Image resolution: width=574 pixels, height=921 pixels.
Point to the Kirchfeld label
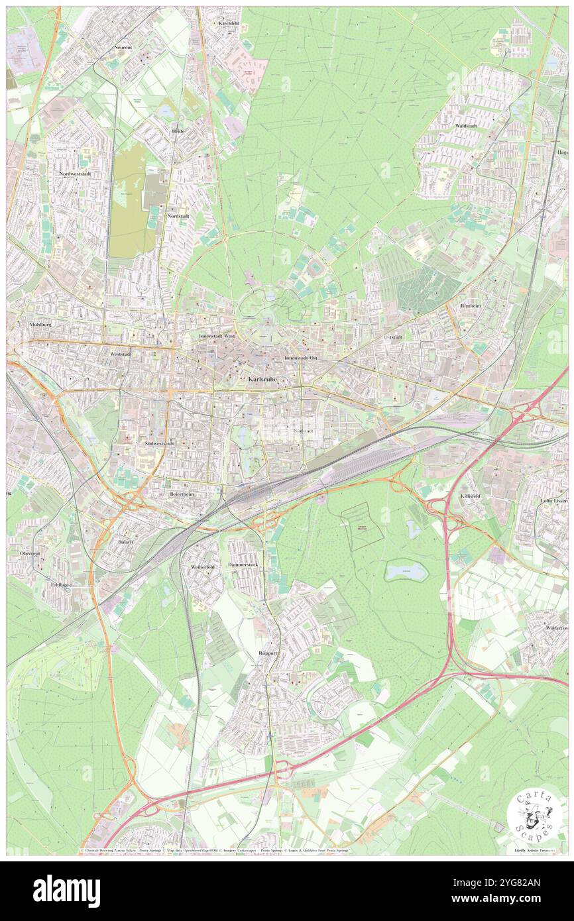[228, 23]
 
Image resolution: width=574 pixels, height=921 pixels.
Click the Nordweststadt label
[74, 174]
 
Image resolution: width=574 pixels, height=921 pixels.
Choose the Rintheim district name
[471, 305]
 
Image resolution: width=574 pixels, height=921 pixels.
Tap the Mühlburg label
[40, 325]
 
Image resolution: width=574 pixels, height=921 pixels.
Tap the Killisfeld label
[471, 496]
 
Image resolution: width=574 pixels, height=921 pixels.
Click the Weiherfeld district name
[201, 567]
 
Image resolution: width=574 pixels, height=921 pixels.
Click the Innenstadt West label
[217, 336]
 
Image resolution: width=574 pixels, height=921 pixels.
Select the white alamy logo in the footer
[67, 891]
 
